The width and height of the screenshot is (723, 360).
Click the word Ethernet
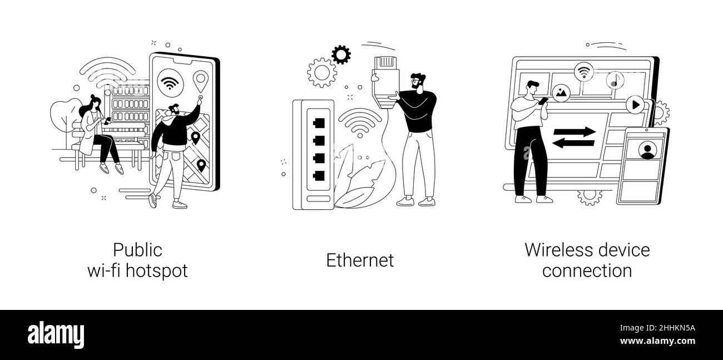coord(360,260)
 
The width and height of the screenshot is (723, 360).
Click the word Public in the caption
coord(137,250)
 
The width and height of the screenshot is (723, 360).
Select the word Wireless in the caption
coord(558,250)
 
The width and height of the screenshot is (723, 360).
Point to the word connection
coord(587,270)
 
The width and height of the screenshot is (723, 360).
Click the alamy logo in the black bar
coord(56,334)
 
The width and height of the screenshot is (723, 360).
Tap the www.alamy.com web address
coord(657,341)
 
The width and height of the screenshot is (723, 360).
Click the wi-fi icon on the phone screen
coord(170,83)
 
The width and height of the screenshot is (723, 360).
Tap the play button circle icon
coord(635,105)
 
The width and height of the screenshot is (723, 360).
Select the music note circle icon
coord(615,80)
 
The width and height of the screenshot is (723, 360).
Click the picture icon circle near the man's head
coord(561,93)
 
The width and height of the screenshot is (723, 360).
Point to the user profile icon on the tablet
coord(647,150)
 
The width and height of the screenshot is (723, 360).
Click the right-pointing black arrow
coord(575,132)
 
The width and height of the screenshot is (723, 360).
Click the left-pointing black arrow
coord(573,142)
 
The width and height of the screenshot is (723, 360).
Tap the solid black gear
coord(341,55)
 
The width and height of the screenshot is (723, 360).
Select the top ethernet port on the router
coord(319,123)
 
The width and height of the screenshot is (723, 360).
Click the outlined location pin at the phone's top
coord(200,81)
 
